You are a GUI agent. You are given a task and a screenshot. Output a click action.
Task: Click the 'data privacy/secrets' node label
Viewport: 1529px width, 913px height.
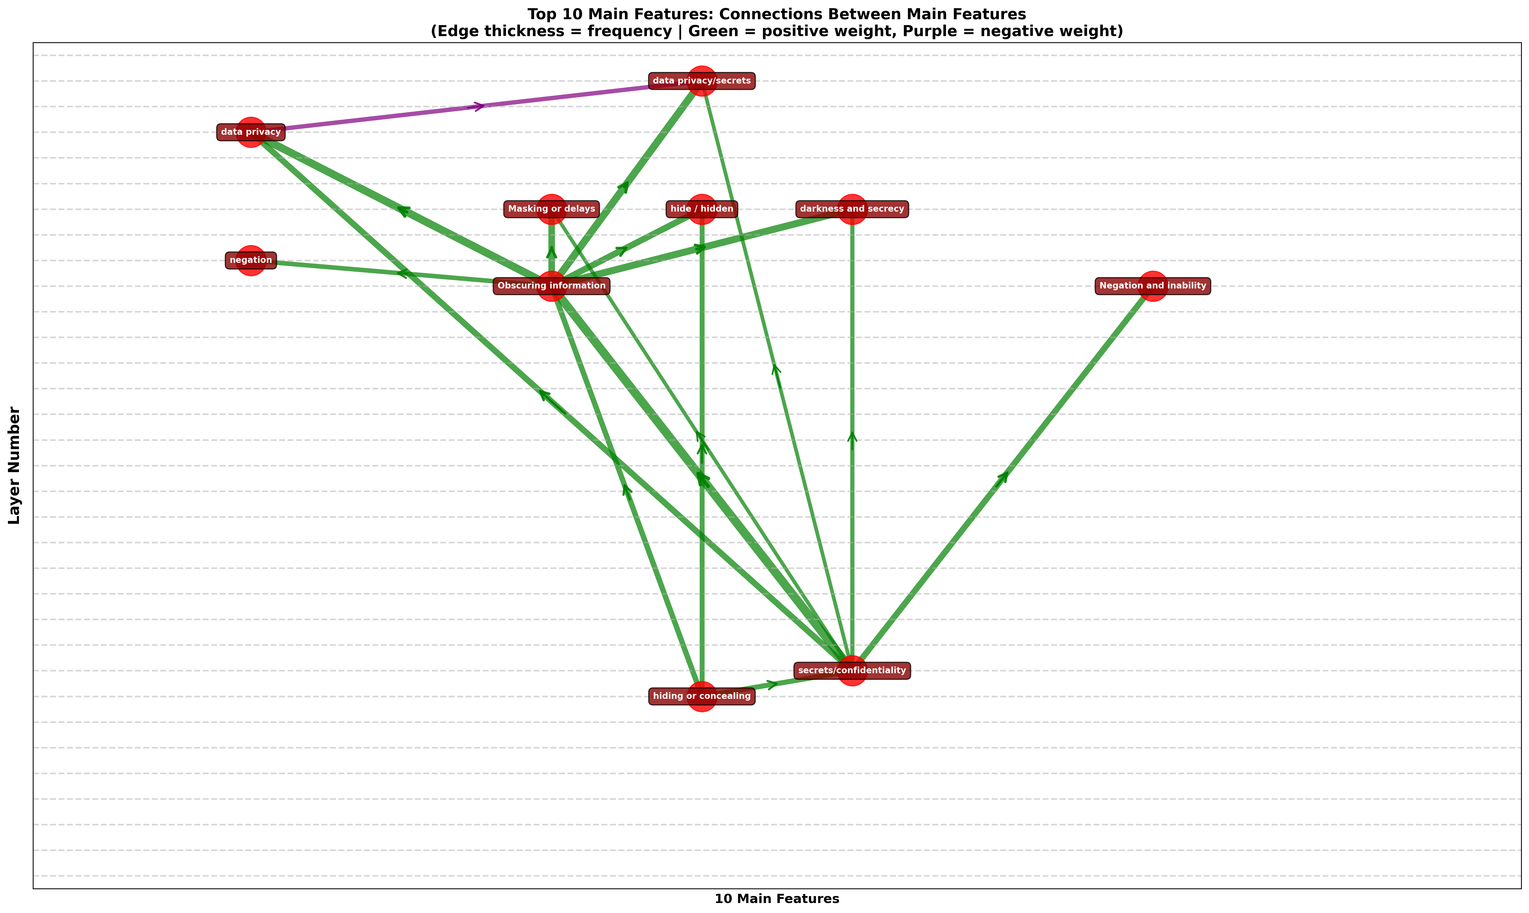702,81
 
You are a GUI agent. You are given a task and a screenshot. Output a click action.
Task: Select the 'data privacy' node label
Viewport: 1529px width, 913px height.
251,132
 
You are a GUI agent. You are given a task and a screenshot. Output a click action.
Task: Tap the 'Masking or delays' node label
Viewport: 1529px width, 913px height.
552,209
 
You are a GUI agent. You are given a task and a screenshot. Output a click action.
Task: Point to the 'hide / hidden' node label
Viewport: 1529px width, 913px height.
702,209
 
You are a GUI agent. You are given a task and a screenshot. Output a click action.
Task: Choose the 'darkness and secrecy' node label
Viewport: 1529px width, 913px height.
852,209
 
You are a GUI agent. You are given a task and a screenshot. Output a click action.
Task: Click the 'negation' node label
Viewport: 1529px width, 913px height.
251,260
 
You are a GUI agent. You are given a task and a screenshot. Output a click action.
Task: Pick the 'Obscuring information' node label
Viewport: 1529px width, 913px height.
552,285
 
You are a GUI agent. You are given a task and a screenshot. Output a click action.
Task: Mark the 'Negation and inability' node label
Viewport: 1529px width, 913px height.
1153,285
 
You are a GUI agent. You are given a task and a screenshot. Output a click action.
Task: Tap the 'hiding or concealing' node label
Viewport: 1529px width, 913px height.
702,696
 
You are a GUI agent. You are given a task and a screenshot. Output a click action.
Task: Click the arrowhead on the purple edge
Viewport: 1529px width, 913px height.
477,106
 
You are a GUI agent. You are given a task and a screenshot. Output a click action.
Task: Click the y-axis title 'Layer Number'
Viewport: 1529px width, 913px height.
14,466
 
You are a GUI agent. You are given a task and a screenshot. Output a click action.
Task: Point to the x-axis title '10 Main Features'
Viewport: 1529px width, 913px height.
777,899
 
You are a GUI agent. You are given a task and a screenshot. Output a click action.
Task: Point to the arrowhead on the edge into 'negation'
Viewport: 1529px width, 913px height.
403,273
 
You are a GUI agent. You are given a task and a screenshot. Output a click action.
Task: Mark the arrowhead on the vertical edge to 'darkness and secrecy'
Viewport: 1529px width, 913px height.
852,437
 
